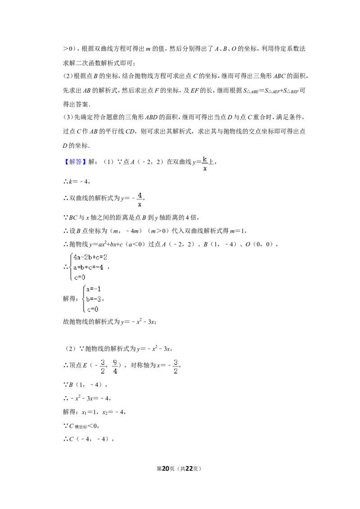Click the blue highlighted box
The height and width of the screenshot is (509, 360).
pos(75,162)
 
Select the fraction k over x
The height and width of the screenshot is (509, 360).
pos(205,164)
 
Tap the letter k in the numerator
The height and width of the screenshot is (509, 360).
pos(205,159)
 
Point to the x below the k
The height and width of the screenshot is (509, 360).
pos(205,168)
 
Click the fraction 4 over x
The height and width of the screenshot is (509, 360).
pos(139,200)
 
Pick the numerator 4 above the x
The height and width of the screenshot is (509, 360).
pos(140,195)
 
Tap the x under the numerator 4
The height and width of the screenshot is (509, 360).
pos(140,204)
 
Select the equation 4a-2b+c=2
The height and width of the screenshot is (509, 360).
pos(90,258)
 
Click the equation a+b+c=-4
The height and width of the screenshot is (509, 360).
pos(88,268)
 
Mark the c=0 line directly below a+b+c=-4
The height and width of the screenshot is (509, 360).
pos(79,277)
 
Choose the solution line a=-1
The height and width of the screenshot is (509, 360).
pos(94,289)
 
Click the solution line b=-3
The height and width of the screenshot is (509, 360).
pos(94,299)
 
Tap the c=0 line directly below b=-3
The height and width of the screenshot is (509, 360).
pos(93,309)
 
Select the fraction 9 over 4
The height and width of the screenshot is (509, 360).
pos(115,367)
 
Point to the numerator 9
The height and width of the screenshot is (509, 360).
pos(115,362)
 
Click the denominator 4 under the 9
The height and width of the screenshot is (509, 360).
pos(115,372)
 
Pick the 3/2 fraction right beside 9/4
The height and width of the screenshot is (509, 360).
pos(103,367)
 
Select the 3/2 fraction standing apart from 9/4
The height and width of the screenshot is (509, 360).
pos(175,367)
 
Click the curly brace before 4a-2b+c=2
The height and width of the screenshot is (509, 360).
pos(71,268)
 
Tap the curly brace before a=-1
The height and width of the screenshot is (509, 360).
pos(82,299)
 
